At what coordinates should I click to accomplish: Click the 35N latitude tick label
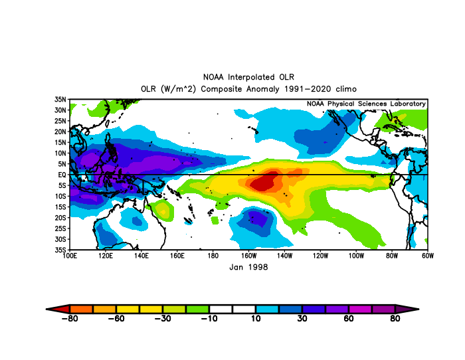pyautogui.click(x=60, y=100)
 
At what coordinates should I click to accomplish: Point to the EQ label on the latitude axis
pyautogui.click(x=62, y=175)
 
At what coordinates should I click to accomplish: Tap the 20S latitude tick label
pyautogui.click(x=60, y=218)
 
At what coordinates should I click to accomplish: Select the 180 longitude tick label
pyautogui.click(x=213, y=256)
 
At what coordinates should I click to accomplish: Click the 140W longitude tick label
pyautogui.click(x=284, y=256)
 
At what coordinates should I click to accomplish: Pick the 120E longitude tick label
pyautogui.click(x=106, y=256)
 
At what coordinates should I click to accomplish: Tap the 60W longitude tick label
pyautogui.click(x=428, y=256)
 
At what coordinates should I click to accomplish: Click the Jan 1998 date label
pyautogui.click(x=248, y=267)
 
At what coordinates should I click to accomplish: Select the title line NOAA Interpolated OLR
pyautogui.click(x=248, y=77)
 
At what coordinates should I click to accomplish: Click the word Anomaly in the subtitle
pyautogui.click(x=263, y=89)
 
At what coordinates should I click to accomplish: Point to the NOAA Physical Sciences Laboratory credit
pyautogui.click(x=366, y=104)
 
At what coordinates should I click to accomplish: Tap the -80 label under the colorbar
pyautogui.click(x=70, y=318)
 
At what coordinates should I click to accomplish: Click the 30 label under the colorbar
pyautogui.click(x=302, y=318)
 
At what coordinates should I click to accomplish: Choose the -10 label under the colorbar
pyautogui.click(x=209, y=318)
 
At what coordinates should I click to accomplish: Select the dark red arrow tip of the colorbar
pyautogui.click(x=46, y=309)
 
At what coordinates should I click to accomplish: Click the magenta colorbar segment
pyautogui.click(x=360, y=309)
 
